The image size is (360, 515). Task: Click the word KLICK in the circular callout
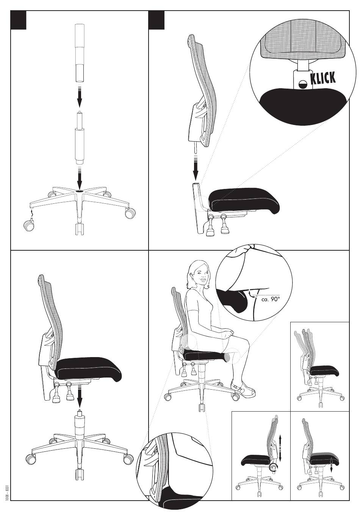coord(323,78)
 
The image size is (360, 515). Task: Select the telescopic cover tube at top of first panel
coord(80,53)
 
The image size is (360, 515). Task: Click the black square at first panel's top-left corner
coord(19,20)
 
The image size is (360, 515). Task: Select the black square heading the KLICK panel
coord(157,20)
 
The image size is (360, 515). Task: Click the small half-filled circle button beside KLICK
coord(304,84)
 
